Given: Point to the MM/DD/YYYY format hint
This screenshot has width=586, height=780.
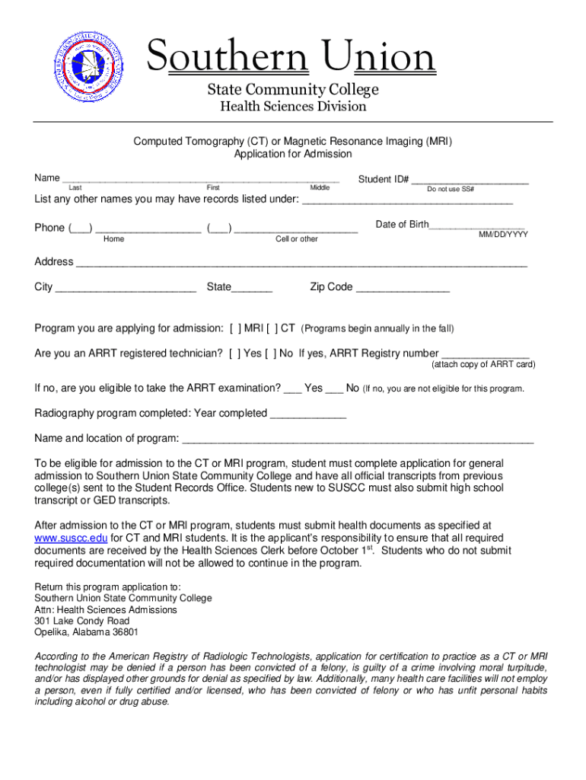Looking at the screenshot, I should pos(502,235).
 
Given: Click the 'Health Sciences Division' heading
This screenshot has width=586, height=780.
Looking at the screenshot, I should pos(293,107).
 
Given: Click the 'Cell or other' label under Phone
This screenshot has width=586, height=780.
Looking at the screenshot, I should pos(297,239).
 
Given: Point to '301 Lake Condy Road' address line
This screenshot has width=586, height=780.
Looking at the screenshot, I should pos(76,621).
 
